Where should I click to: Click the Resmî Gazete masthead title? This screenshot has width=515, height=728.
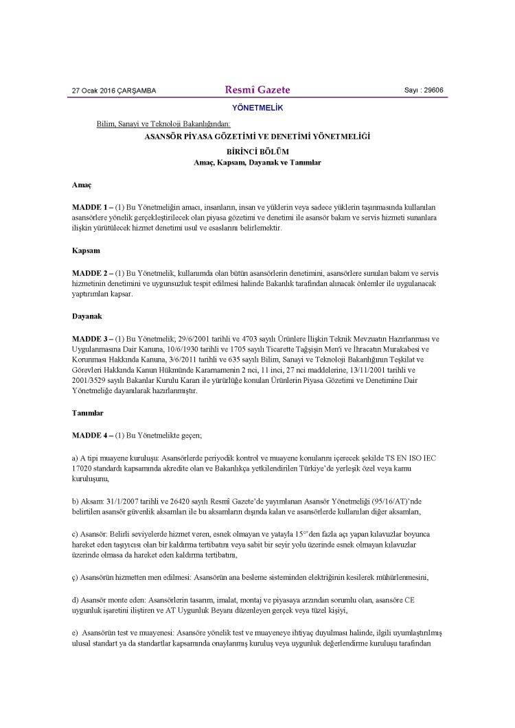257,90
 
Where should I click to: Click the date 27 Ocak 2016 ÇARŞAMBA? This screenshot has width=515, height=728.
114,91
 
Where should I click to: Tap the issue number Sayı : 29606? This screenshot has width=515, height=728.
424,90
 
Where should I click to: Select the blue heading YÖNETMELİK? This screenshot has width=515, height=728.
257,108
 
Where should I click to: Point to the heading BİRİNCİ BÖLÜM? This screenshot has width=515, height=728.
257,151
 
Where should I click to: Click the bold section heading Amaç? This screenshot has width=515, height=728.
82,185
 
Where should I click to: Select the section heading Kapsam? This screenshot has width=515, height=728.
86,251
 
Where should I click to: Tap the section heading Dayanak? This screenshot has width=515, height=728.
87,317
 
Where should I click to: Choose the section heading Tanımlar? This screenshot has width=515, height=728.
89,414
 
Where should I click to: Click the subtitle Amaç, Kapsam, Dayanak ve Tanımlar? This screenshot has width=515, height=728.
257,163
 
